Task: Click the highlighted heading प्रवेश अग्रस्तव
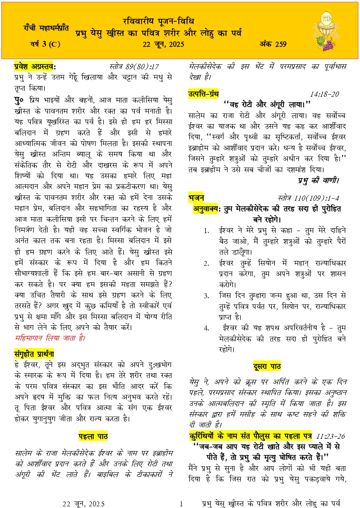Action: [35, 66]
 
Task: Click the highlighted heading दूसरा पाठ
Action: [267, 366]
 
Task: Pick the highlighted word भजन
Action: [196, 197]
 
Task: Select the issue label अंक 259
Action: [273, 44]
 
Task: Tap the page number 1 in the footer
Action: [180, 503]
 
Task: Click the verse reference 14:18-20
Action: [324, 94]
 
